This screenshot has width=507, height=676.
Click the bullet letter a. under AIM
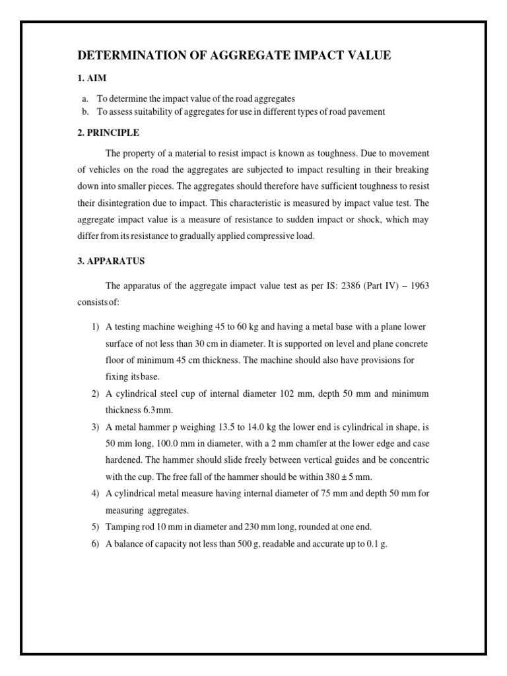(x=85, y=98)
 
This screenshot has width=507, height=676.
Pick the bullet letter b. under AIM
(x=85, y=112)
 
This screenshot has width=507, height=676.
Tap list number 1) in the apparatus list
(x=95, y=327)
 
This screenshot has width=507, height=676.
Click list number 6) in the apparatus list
(x=95, y=544)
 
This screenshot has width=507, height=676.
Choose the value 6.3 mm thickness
(x=154, y=410)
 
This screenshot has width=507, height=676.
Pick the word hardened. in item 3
(x=126, y=460)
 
